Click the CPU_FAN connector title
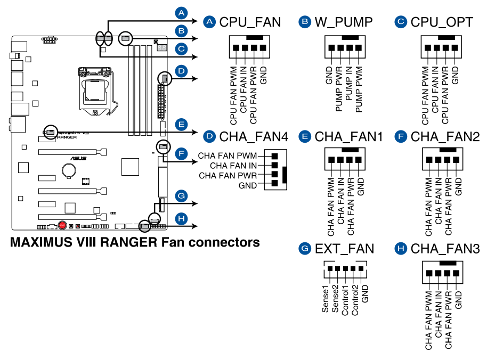click(250, 22)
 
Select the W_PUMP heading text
click(343, 22)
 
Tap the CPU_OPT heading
click(442, 22)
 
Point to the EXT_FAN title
click(344, 249)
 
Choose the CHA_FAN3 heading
click(445, 249)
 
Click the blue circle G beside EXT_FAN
click(305, 249)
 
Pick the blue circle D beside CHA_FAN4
click(209, 137)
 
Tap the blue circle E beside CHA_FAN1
click(305, 137)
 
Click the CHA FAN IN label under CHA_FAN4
click(233, 166)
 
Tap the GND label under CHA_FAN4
click(247, 185)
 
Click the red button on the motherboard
click(63, 225)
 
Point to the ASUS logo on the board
click(79, 158)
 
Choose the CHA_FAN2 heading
click(445, 137)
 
